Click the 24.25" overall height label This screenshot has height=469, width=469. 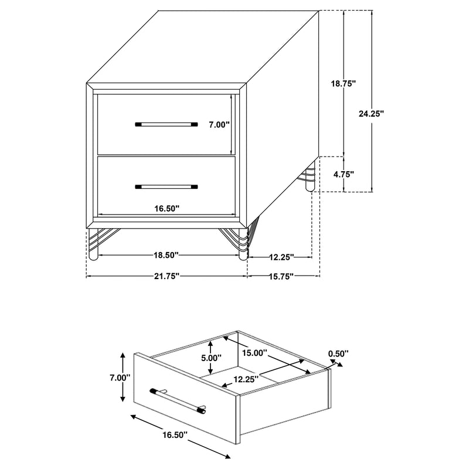[371, 114]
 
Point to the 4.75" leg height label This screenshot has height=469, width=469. [344, 174]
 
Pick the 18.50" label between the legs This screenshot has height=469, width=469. [166, 255]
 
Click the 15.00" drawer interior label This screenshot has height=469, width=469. [255, 354]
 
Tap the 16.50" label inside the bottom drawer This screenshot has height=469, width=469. [166, 208]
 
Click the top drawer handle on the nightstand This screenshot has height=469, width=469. [166, 124]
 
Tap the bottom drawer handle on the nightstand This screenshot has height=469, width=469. [166, 187]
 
